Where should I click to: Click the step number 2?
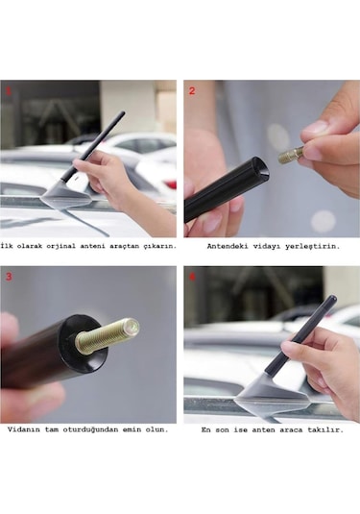click(x=191, y=90)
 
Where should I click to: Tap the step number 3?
click(x=10, y=277)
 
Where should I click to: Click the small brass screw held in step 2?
click(x=292, y=154)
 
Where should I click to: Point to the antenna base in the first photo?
click(x=65, y=198)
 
